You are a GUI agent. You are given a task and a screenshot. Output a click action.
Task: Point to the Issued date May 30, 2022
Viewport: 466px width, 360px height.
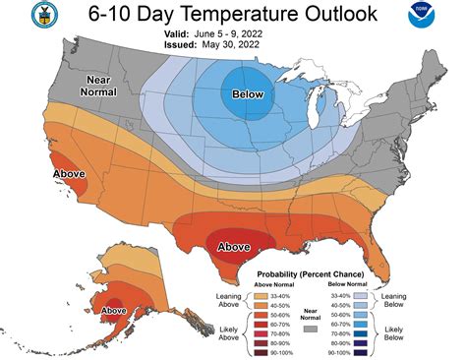(x=237, y=43)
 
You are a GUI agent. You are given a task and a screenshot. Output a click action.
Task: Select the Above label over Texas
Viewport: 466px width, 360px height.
(x=234, y=246)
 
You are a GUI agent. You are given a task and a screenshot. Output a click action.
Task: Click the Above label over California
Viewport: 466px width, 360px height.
(x=40, y=176)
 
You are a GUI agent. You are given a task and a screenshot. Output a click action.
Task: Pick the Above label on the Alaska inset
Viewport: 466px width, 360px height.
(x=114, y=310)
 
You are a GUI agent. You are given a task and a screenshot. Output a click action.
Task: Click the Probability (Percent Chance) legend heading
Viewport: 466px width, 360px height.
(x=310, y=273)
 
